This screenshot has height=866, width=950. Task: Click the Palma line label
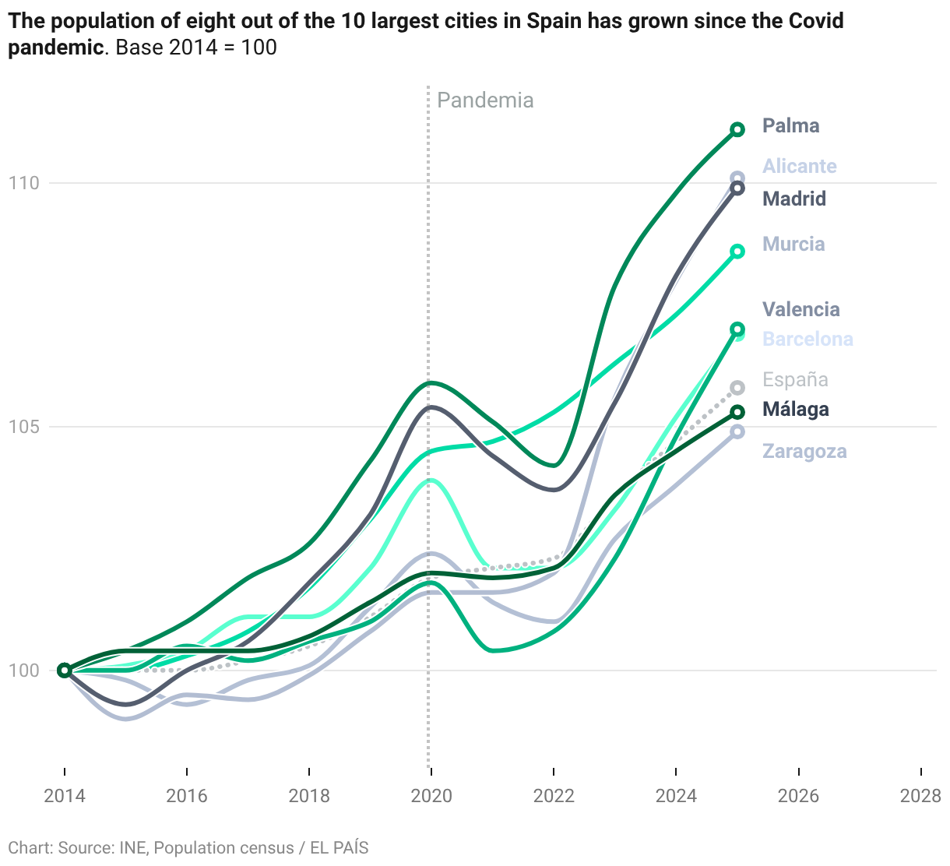790,126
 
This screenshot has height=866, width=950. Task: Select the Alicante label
800,167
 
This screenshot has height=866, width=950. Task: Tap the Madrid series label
794,199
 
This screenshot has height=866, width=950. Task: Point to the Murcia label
793,245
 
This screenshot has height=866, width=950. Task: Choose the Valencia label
800,309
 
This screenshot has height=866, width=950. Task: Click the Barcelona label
807,340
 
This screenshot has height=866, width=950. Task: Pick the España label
795,379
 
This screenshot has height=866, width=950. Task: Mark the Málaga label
796,410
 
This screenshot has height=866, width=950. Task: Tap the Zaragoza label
804,452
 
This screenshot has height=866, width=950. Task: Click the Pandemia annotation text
485,100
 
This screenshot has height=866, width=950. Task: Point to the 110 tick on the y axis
23,183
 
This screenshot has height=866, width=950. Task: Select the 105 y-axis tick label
23,427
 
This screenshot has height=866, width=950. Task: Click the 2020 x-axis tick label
431,795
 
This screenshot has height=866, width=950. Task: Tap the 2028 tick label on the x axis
920,795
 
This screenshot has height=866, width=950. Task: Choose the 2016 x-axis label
187,795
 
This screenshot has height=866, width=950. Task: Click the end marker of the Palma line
737,129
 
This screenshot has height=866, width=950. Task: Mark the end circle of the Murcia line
737,252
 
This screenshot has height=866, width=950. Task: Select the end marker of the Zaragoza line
737,431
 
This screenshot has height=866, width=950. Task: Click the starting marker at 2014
65,671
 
